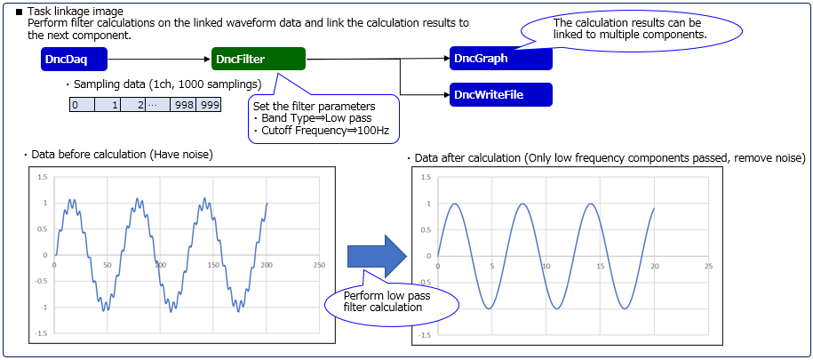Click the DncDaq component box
pyautogui.click(x=74, y=60)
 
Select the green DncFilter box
pyautogui.click(x=259, y=60)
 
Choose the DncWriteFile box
pyautogui.click(x=501, y=94)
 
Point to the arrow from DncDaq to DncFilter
pyautogui.click(x=159, y=60)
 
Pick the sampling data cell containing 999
pyautogui.click(x=209, y=105)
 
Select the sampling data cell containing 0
pyautogui.click(x=82, y=105)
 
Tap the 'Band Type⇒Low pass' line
pyautogui.click(x=312, y=119)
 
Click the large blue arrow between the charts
pyautogui.click(x=377, y=255)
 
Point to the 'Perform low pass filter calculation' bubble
pyautogui.click(x=392, y=302)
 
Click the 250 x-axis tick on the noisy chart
pyautogui.click(x=319, y=265)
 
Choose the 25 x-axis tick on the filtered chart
pyautogui.click(x=709, y=266)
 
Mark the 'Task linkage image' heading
pyautogui.click(x=76, y=11)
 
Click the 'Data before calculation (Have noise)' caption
pyautogui.click(x=122, y=154)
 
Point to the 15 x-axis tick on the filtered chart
pyautogui.click(x=601, y=266)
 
